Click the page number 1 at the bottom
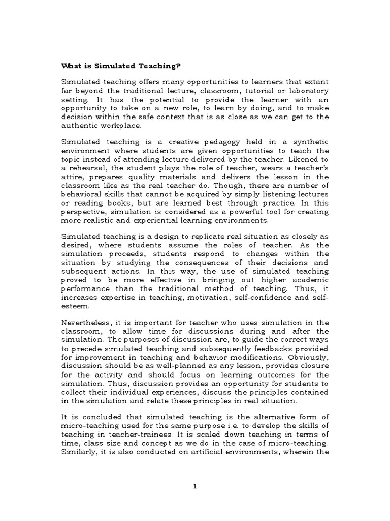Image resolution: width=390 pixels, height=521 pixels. tap(194, 486)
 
